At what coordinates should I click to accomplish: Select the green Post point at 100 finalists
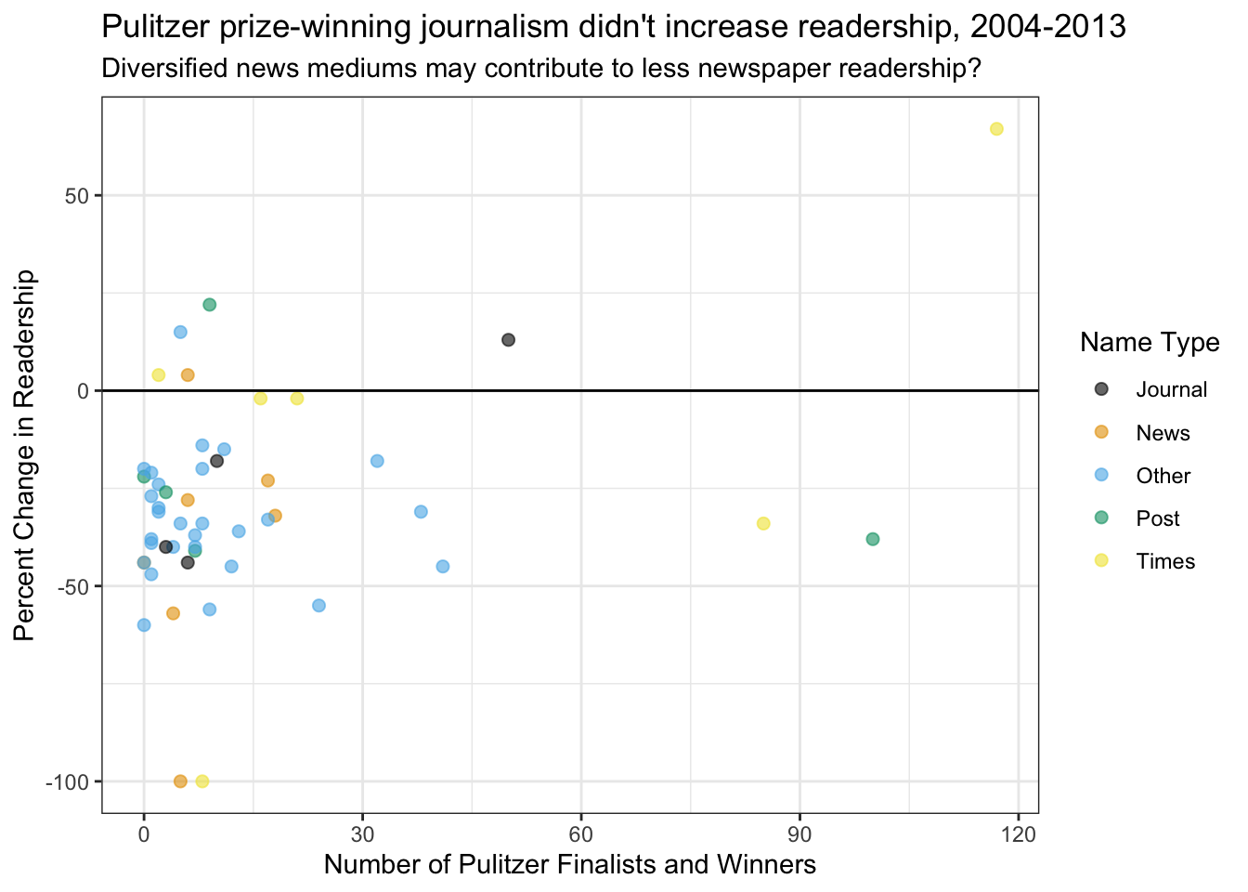pyautogui.click(x=873, y=539)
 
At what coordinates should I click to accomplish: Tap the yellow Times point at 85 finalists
pyautogui.click(x=763, y=523)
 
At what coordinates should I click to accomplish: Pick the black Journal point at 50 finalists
pyautogui.click(x=508, y=340)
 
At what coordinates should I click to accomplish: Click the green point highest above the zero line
pyautogui.click(x=210, y=305)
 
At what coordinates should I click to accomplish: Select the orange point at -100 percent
pyautogui.click(x=180, y=781)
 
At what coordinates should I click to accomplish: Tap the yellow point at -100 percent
pyautogui.click(x=202, y=781)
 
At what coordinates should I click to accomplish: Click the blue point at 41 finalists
pyautogui.click(x=443, y=567)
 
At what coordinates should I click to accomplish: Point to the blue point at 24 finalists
pyautogui.click(x=318, y=606)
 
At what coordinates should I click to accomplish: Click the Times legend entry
pyautogui.click(x=1164, y=561)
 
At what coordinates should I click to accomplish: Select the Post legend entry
pyautogui.click(x=1157, y=518)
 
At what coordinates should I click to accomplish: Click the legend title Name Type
pyautogui.click(x=1150, y=343)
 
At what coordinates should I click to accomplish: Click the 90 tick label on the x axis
pyautogui.click(x=800, y=833)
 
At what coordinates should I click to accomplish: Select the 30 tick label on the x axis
pyautogui.click(x=362, y=833)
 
